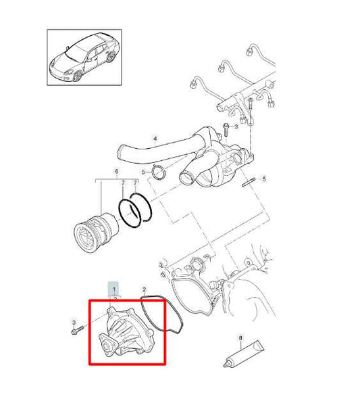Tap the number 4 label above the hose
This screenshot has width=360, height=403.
155,139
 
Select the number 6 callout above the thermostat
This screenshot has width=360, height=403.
115,171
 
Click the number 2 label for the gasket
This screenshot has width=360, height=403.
145,289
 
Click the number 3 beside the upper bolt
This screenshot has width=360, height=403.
236,126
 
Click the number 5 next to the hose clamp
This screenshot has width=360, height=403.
143,173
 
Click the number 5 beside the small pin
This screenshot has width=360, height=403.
265,179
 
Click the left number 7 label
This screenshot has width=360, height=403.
122,183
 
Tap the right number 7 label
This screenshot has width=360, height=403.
136,183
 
